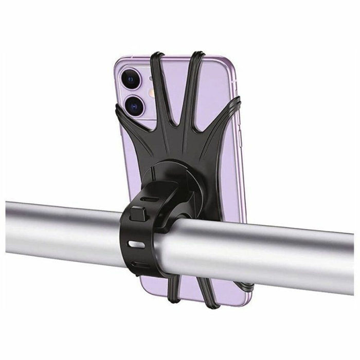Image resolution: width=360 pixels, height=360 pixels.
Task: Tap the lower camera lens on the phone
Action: tap(132, 106)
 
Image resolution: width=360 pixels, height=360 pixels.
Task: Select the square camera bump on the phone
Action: tap(135, 93)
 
